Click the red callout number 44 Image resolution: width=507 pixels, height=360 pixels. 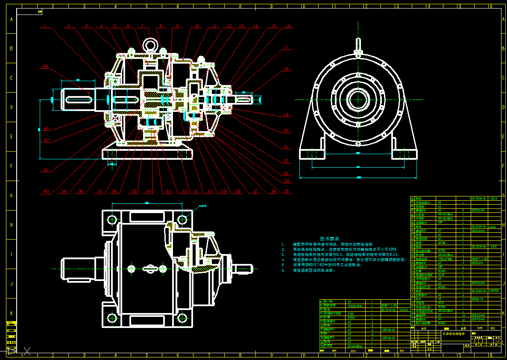(45, 66)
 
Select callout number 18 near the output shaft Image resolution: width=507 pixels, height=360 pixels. (286, 69)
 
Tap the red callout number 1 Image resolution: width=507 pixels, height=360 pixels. (44, 26)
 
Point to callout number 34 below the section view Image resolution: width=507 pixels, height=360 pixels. (149, 191)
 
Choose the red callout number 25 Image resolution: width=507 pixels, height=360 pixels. (287, 191)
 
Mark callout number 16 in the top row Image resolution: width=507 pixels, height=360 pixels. (288, 26)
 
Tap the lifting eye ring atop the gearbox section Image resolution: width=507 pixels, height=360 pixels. (151, 44)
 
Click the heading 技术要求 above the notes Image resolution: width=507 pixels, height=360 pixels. (330, 239)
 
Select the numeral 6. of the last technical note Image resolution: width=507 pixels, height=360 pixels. (283, 270)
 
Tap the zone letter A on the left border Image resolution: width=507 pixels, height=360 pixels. (12, 19)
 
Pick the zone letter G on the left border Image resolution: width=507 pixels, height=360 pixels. (12, 195)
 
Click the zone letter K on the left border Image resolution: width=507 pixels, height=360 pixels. (12, 313)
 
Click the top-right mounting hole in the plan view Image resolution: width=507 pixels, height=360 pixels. (182, 220)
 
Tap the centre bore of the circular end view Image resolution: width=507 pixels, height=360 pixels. (358, 100)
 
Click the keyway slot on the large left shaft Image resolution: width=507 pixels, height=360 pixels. (79, 100)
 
